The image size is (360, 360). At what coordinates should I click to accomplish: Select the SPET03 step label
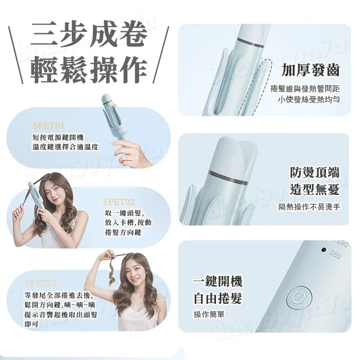[41, 283]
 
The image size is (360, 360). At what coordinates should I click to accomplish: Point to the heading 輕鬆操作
[89, 71]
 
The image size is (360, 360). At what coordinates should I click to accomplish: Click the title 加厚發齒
[310, 71]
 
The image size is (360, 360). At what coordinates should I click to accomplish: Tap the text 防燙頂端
[314, 172]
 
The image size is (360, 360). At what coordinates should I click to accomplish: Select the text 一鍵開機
[217, 282]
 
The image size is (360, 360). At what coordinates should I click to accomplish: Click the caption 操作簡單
[209, 314]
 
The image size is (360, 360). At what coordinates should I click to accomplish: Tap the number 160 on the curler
[335, 254]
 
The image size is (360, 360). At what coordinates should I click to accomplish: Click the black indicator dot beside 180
[323, 250]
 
